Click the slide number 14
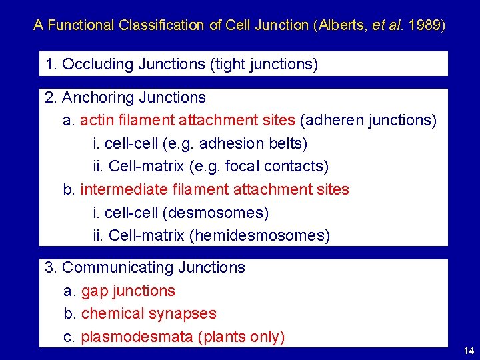(469, 351)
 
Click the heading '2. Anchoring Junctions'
(125, 97)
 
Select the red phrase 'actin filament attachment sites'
(187, 121)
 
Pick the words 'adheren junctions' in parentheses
(369, 121)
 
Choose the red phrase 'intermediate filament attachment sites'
(215, 189)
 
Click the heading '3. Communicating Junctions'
(145, 267)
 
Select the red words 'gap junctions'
(128, 291)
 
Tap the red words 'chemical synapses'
(149, 313)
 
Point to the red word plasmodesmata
(137, 337)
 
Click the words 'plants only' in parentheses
(241, 337)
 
